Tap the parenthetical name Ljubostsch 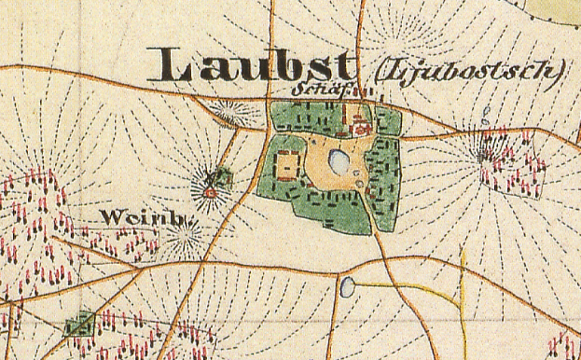[x=460, y=70]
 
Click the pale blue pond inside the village [x=339, y=164]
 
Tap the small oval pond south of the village [x=348, y=286]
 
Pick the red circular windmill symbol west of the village [x=210, y=192]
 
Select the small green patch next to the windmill [x=222, y=174]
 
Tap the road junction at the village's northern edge [x=270, y=96]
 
